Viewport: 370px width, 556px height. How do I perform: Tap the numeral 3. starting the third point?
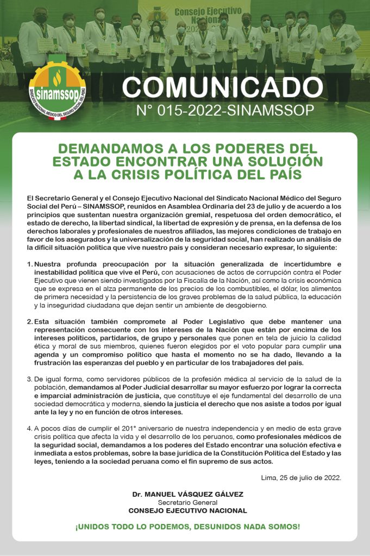pos(29,378)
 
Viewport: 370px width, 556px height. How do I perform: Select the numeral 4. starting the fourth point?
pos(29,427)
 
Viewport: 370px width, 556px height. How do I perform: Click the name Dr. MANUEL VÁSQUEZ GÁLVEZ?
pos(187,494)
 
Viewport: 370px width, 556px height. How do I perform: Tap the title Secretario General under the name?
pos(187,502)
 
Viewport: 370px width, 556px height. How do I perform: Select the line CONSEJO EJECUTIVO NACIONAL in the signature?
pos(187,510)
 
